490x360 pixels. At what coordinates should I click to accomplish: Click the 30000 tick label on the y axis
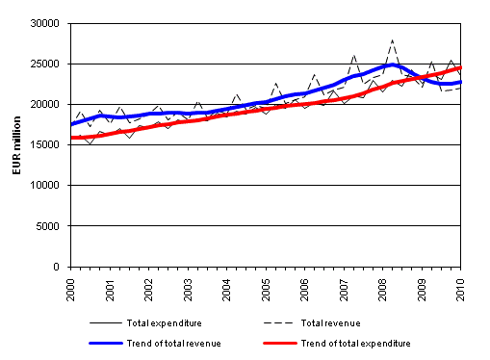[x=46, y=23]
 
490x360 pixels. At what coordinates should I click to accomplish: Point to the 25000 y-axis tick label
[x=46, y=64]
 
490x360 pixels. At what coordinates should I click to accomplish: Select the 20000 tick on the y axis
[x=46, y=104]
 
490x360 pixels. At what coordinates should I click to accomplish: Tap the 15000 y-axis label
[x=46, y=144]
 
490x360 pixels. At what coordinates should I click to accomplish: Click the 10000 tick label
[x=46, y=186]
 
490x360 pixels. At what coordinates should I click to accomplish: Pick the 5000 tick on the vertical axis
[x=49, y=226]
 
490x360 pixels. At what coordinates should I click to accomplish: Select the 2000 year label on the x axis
[x=71, y=287]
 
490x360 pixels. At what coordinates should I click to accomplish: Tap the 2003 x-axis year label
[x=188, y=287]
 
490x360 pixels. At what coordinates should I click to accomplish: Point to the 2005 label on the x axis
[x=266, y=287]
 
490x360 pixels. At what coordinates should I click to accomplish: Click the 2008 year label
[x=383, y=287]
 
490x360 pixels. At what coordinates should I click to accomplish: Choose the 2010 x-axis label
[x=461, y=287]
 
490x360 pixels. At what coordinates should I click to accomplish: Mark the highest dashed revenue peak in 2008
[x=392, y=40]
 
